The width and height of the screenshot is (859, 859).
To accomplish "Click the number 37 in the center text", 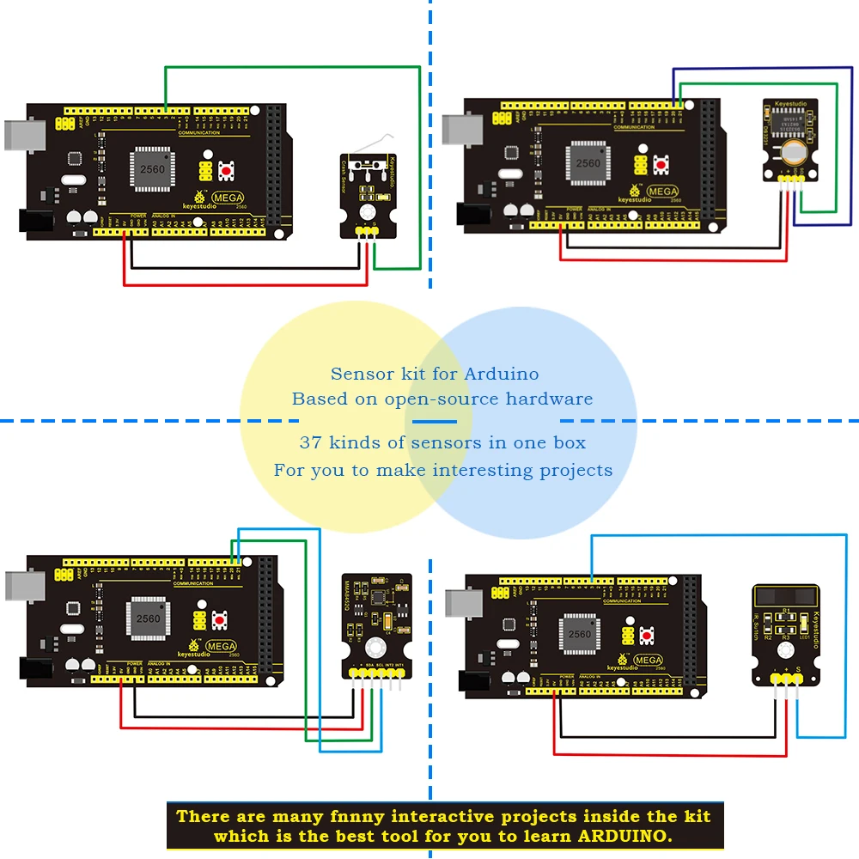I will coord(309,443).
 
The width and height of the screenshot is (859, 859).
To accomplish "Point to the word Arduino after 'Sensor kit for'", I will coord(502,374).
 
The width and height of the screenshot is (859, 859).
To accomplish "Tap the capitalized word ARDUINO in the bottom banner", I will coord(624,836).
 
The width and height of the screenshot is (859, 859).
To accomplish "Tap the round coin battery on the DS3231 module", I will coord(795,153).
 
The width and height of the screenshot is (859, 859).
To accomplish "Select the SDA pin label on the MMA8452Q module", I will coord(368,664).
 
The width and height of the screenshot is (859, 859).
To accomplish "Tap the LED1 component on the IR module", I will coord(802,626).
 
